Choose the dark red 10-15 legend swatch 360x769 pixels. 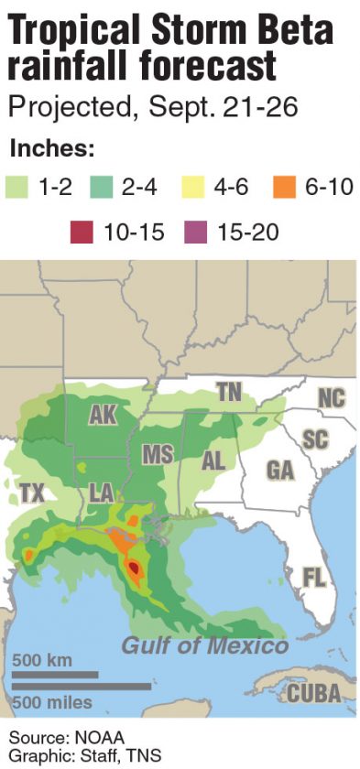tap(83, 233)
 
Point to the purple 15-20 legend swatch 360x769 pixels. tap(201, 233)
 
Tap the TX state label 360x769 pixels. tap(32, 494)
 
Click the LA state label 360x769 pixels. tap(102, 494)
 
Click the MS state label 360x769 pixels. tap(158, 455)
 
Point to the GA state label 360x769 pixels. tap(279, 470)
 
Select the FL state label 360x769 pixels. tap(314, 577)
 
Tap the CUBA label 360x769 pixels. tap(314, 693)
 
